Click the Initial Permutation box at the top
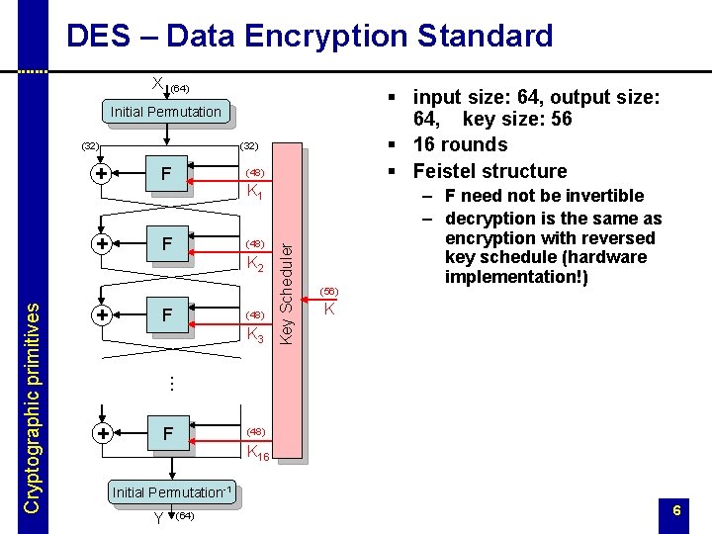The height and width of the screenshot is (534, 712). pos(165,112)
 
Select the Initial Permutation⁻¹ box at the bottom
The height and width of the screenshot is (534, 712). pos(172,491)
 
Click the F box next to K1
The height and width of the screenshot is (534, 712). pos(168,174)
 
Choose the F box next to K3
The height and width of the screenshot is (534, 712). pos(168,315)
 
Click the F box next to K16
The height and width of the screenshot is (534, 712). pos(168,433)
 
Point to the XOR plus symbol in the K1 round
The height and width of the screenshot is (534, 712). pos(101,174)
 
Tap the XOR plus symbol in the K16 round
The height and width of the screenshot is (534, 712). pos(101,433)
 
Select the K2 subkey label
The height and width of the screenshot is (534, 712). pos(254,263)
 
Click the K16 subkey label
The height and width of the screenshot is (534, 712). pos(257,453)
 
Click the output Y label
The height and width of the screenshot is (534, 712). pos(158,516)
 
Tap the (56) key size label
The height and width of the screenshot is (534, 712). pos(328,292)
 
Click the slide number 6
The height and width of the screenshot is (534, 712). pos(676,510)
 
